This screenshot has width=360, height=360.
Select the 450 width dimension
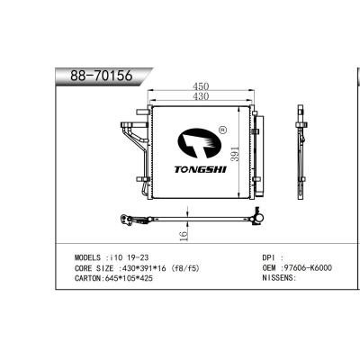click(x=200, y=88)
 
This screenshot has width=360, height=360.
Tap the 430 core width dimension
click(x=199, y=97)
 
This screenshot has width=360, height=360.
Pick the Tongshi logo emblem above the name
click(x=198, y=142)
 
